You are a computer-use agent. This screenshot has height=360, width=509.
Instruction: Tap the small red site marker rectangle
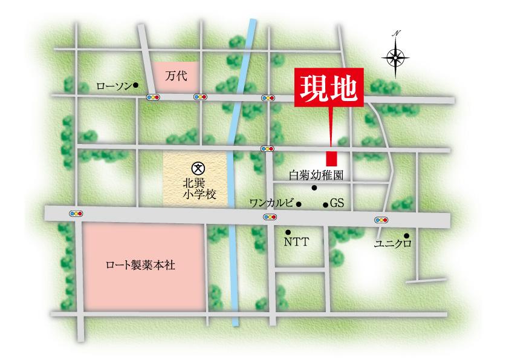click(x=331, y=159)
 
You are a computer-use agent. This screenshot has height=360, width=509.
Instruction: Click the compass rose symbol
click(x=396, y=57)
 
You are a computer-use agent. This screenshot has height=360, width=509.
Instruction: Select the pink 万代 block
click(x=175, y=76)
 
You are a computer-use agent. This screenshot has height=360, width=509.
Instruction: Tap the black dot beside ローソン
click(x=137, y=85)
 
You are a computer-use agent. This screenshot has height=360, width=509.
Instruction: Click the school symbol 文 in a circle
click(x=197, y=168)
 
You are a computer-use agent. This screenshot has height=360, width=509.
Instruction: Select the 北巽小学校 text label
click(x=197, y=189)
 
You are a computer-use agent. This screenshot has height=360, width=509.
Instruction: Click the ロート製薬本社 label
click(x=140, y=265)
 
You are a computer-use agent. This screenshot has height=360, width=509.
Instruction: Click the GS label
click(x=337, y=205)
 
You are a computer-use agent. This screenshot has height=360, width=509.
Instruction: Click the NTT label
click(x=296, y=242)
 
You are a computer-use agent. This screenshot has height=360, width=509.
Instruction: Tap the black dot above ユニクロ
click(x=406, y=235)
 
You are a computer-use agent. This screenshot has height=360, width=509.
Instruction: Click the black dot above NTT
click(x=288, y=231)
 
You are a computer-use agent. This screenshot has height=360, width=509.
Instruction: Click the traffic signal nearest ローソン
click(x=153, y=97)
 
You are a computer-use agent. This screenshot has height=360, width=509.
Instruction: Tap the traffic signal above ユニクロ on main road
click(x=381, y=220)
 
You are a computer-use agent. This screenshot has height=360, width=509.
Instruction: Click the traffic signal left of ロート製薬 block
click(x=76, y=214)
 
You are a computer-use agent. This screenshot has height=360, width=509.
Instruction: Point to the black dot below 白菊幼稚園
click(x=314, y=188)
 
